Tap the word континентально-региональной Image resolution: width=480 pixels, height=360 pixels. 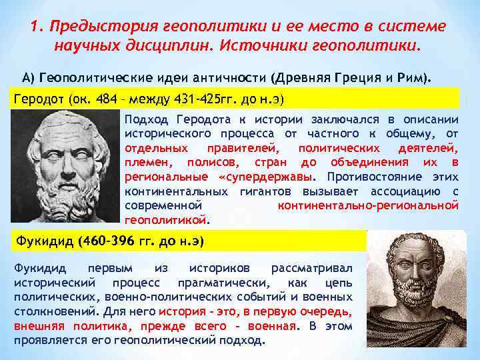368,205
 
